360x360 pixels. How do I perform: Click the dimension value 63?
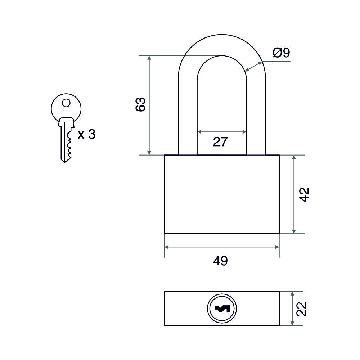[140, 104]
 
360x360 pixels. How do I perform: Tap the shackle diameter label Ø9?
[281, 53]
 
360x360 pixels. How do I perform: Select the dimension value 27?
[220, 142]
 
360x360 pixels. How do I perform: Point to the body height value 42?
[305, 194]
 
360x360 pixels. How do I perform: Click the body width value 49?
[220, 261]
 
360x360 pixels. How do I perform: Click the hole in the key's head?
[66, 103]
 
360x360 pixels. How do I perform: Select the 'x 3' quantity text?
[86, 135]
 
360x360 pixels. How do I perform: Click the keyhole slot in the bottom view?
[222, 309]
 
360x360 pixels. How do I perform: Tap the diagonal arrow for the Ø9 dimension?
[254, 66]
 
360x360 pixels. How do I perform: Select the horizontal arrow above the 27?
[222, 132]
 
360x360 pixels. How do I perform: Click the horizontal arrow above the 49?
[222, 247]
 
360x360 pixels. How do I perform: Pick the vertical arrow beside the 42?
[294, 194]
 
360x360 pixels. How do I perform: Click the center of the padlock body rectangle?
[222, 194]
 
